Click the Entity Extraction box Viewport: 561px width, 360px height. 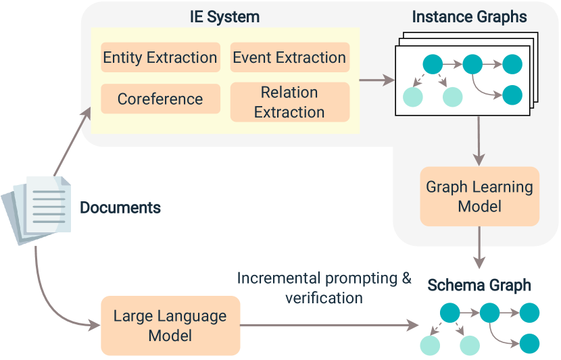(x=160, y=58)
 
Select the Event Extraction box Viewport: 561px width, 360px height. (x=289, y=58)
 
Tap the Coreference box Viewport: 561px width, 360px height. (x=160, y=99)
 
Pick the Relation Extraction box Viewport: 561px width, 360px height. (x=289, y=102)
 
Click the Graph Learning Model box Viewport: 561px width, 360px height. (x=479, y=196)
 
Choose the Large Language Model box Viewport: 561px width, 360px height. (x=170, y=326)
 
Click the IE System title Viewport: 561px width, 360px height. (x=224, y=17)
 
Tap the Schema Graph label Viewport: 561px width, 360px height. (x=479, y=285)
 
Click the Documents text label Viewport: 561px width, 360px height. (x=120, y=207)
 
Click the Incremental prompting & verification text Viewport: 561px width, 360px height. (x=324, y=288)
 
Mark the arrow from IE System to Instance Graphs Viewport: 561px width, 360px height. (x=377, y=80)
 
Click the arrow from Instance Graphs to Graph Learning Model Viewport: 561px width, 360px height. (x=479, y=140)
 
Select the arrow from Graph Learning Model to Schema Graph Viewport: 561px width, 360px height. (x=479, y=248)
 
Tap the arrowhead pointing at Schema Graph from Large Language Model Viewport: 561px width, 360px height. (x=413, y=326)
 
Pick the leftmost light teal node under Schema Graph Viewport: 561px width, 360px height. (x=429, y=346)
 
